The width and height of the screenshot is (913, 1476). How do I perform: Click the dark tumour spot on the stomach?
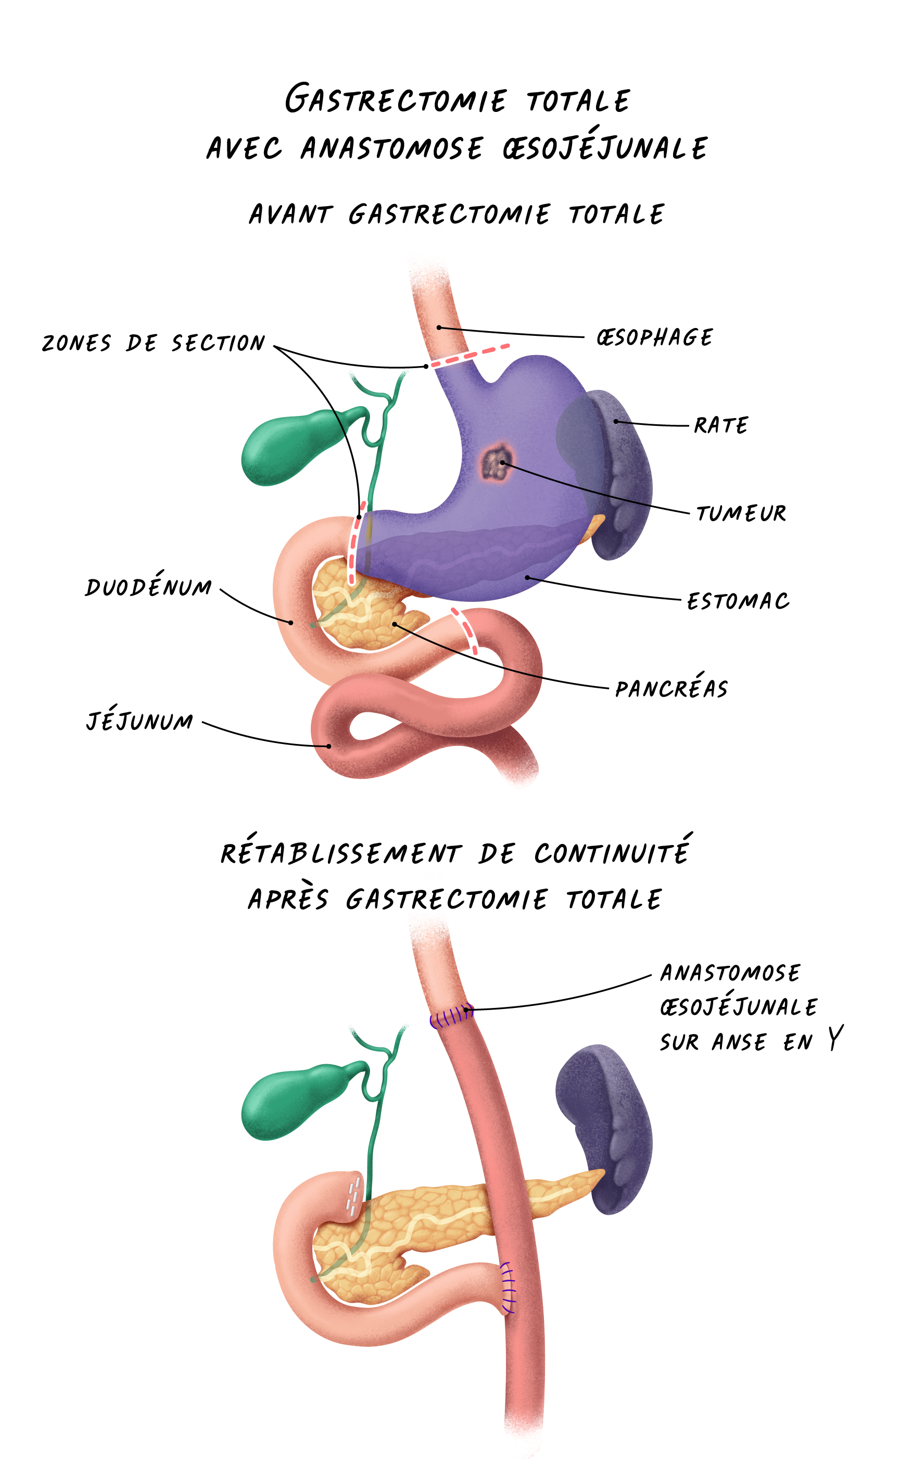click(497, 463)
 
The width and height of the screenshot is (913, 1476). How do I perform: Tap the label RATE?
click(721, 425)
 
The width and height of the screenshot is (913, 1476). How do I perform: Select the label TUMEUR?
click(741, 513)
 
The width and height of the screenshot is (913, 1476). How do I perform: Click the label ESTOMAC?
click(738, 601)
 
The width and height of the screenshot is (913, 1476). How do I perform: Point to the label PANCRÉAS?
click(671, 688)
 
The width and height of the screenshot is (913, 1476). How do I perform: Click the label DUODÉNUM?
click(148, 585)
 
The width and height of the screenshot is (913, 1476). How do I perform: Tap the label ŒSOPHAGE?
click(654, 337)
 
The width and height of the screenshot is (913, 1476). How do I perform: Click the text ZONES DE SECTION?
click(154, 343)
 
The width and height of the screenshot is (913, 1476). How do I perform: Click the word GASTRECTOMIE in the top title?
click(396, 99)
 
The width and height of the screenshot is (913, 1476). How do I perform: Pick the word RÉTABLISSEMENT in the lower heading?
click(341, 853)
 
